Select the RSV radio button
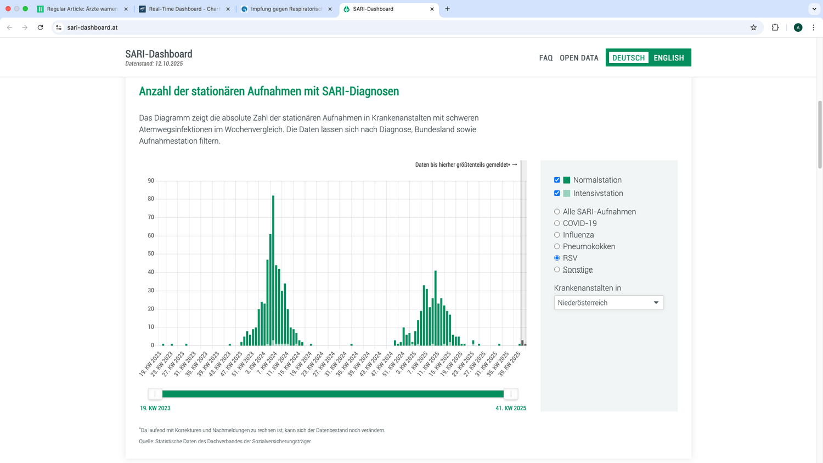(557, 258)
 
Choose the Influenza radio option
(557, 235)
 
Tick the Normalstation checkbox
(557, 180)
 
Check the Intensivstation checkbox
(557, 193)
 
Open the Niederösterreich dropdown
(608, 303)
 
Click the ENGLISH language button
(668, 58)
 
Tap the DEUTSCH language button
(628, 58)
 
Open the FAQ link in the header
(546, 58)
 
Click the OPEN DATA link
(579, 58)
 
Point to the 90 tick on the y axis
(151, 180)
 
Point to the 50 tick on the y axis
(151, 253)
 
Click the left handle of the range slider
(155, 394)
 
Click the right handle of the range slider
(510, 394)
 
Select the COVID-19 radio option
(557, 223)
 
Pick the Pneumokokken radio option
(557, 246)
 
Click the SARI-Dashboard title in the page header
(159, 54)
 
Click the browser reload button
(40, 27)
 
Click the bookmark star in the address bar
(753, 27)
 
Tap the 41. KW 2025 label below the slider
(511, 408)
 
